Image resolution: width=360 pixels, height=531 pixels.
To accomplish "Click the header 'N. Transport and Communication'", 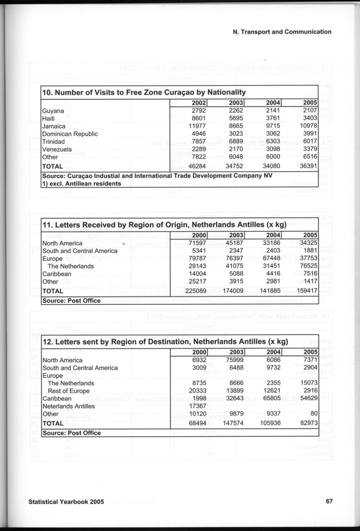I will click(282, 32).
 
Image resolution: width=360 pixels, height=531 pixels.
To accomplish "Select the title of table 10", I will click(145, 92).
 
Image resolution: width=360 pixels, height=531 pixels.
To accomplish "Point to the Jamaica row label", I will click(54, 126).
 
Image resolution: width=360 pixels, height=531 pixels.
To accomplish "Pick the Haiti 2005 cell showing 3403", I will click(307, 118).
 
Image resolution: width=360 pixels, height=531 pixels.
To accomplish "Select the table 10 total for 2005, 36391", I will click(306, 166).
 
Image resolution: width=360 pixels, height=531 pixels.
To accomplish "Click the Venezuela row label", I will click(57, 150).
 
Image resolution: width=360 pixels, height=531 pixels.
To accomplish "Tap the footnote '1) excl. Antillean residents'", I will click(82, 184).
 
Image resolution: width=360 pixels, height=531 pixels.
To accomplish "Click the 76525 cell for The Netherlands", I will click(307, 266).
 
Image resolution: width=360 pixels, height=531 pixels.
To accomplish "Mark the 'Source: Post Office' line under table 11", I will click(72, 300).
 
